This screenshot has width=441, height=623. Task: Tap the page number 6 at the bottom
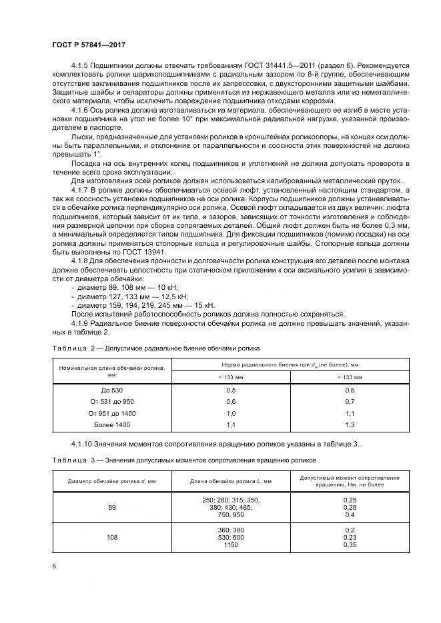click(x=53, y=566)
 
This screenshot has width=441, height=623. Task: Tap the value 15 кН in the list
click(x=200, y=305)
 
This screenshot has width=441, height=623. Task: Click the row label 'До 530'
click(x=112, y=389)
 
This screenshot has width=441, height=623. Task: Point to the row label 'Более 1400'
click(x=112, y=424)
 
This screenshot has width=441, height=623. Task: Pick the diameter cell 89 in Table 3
click(x=112, y=507)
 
